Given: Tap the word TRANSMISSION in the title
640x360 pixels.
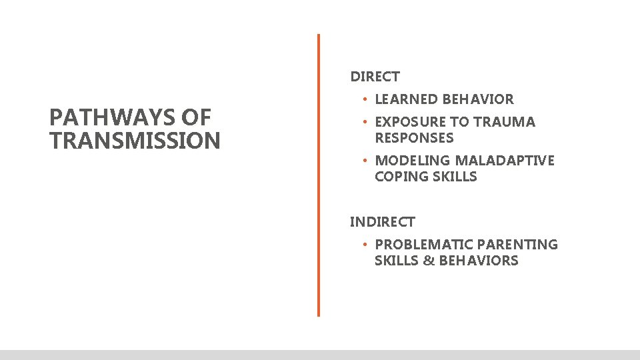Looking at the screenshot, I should (x=135, y=141).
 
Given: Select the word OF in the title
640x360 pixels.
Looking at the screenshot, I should (x=197, y=118).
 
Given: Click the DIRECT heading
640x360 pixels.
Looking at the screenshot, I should (x=375, y=77).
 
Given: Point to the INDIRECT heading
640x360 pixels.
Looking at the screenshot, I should (x=382, y=222).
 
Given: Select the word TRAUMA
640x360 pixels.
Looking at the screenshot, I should (x=506, y=122).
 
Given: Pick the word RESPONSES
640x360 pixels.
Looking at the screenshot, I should (x=414, y=138).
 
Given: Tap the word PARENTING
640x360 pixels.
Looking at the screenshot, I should (x=518, y=245).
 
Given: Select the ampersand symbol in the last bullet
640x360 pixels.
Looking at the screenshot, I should (x=429, y=261).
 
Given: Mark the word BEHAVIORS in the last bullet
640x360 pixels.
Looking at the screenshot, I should (x=479, y=261).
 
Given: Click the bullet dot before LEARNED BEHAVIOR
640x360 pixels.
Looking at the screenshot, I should (x=365, y=99).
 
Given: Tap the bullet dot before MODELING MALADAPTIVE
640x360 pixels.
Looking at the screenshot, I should (x=365, y=161).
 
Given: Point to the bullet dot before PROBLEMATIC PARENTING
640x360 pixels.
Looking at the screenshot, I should (x=365, y=245).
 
